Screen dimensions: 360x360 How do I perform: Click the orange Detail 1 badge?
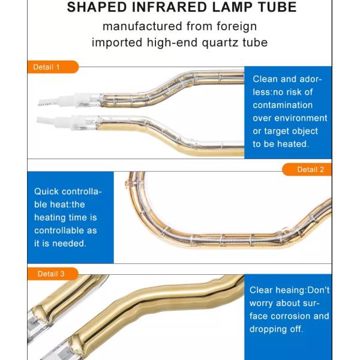[53, 67]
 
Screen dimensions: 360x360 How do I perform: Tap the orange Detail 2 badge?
[307, 169]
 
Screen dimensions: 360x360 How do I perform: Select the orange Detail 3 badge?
[53, 274]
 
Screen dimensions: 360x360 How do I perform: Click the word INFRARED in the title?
[170, 7]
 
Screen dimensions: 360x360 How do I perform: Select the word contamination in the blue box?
[283, 105]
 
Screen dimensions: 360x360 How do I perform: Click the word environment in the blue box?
[301, 118]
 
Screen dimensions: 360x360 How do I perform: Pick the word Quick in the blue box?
[46, 191]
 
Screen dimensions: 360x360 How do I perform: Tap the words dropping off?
[276, 329]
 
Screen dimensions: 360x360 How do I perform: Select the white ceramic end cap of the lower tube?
[66, 122]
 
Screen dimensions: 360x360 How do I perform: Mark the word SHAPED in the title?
[97, 7]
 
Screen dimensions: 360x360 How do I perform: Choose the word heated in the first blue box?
[293, 144]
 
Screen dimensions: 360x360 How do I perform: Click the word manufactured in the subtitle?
[142, 26]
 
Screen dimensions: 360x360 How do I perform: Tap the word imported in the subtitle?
[117, 43]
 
